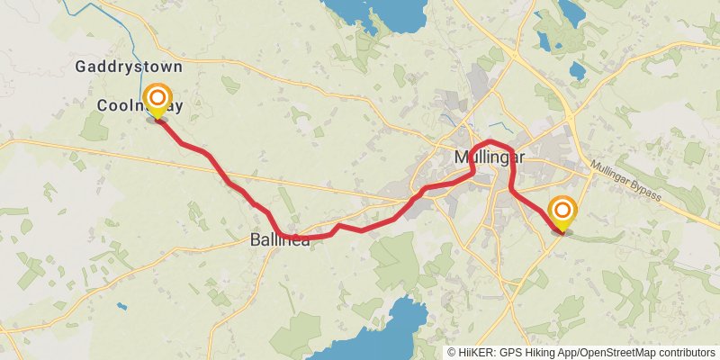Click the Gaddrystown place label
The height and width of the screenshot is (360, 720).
tap(129, 67)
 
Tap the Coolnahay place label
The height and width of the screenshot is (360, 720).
tap(141, 106)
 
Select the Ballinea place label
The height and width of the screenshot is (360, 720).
tap(280, 240)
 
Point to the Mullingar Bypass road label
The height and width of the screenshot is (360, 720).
tap(626, 181)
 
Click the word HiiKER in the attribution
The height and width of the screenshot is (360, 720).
tap(476, 353)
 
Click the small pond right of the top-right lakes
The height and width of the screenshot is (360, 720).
tap(577, 69)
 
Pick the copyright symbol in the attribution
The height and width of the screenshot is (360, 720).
tap(452, 353)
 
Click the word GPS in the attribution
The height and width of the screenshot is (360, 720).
tap(508, 353)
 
